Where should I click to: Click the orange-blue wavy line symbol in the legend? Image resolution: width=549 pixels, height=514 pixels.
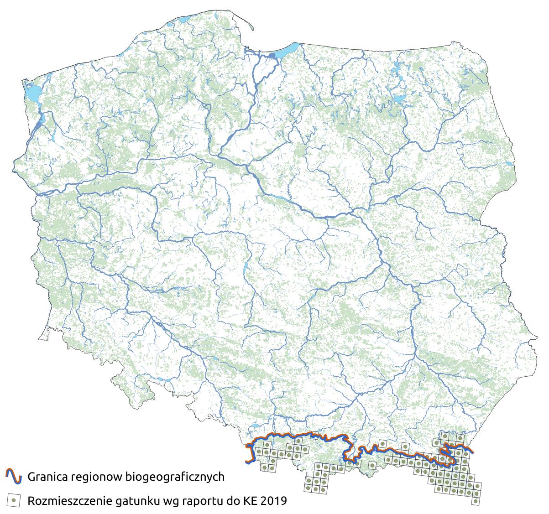coord(14,477)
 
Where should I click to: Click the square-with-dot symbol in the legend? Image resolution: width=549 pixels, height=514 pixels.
coord(14,500)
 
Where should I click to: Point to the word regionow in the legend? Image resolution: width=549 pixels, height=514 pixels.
coord(96,477)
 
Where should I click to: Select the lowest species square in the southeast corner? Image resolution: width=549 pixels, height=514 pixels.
coord(476,501)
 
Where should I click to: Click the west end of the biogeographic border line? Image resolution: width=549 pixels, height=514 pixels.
coord(247,462)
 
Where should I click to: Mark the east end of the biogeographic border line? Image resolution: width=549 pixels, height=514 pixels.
coord(472,452)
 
